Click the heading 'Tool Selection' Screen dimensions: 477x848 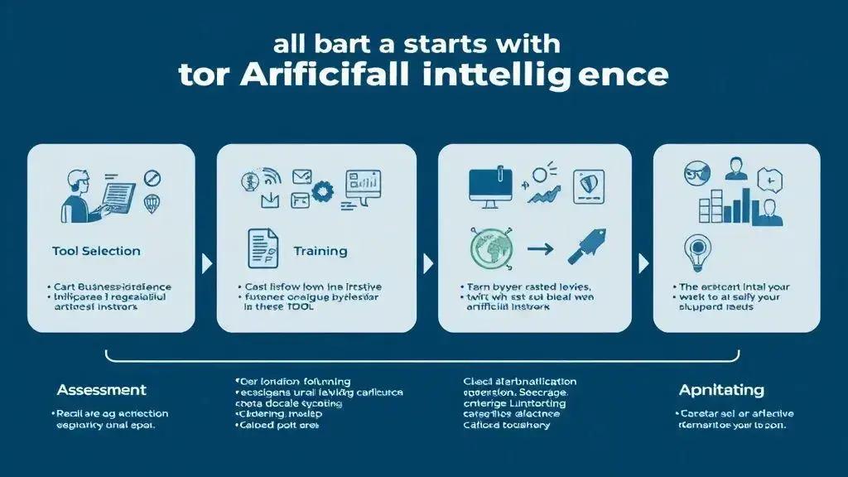pyautogui.click(x=96, y=251)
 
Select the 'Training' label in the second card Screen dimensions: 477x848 pyautogui.click(x=320, y=251)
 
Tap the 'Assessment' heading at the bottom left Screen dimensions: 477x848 pyautogui.click(x=101, y=389)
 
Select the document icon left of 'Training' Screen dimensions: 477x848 pyautogui.click(x=263, y=248)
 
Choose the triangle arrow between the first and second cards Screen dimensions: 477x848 pyautogui.click(x=206, y=263)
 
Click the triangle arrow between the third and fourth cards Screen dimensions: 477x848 pyautogui.click(x=643, y=263)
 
